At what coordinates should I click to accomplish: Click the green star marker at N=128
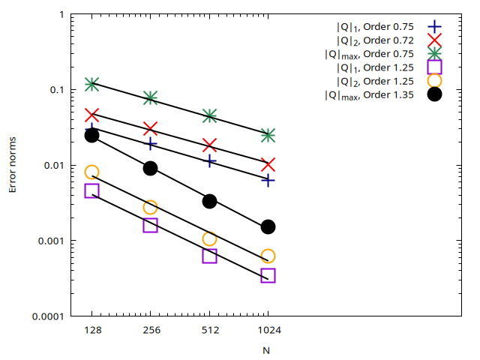(x=92, y=84)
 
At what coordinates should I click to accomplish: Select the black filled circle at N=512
(x=209, y=201)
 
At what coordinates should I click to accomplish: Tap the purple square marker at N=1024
(x=268, y=275)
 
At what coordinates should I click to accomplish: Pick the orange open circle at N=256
(x=150, y=207)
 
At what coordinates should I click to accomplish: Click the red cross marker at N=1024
(x=268, y=164)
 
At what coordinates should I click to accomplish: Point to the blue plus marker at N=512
(x=209, y=160)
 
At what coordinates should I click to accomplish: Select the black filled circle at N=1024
(x=268, y=226)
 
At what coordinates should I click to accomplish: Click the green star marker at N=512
(x=209, y=115)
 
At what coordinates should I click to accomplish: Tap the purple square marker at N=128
(x=92, y=190)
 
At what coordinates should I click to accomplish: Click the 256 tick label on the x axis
(x=150, y=329)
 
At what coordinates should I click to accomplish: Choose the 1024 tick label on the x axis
(x=268, y=329)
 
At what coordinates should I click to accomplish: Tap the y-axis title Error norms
(x=13, y=165)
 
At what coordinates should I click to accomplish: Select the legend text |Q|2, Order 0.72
(x=374, y=40)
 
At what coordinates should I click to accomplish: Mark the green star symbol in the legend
(x=434, y=54)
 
